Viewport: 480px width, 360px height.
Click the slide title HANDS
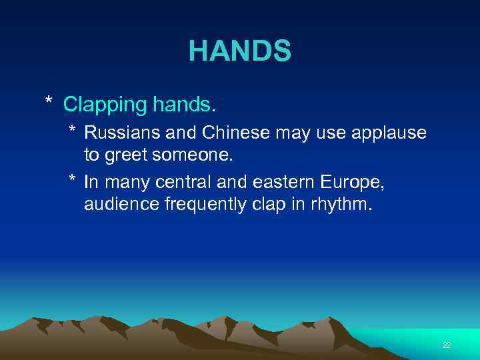(x=239, y=51)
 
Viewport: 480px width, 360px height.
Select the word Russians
(x=119, y=133)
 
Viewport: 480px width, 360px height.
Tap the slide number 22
(x=447, y=345)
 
